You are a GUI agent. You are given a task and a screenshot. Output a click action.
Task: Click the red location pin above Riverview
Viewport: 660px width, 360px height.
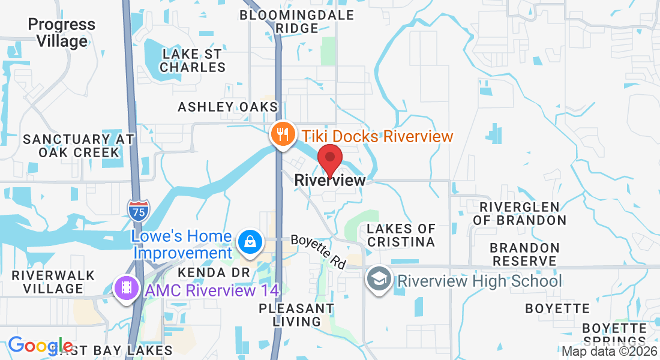coord(329,158)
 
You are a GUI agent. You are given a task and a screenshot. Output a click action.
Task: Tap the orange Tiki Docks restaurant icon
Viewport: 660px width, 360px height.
coord(281,133)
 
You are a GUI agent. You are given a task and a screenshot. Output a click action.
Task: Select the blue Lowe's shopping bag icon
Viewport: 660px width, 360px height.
coord(248,242)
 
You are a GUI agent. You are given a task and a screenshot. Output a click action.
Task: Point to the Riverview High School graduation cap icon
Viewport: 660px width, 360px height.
coord(379,280)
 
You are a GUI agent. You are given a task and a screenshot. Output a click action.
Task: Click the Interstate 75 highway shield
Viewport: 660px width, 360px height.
coord(138,209)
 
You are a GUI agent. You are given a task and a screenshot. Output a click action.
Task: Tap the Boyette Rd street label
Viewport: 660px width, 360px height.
coord(319,251)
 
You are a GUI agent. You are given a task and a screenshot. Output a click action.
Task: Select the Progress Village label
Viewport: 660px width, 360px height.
coord(61,33)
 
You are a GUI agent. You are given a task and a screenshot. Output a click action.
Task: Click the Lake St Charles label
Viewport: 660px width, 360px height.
coord(192,61)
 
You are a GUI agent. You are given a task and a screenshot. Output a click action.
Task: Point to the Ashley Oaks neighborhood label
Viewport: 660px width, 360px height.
coord(228,107)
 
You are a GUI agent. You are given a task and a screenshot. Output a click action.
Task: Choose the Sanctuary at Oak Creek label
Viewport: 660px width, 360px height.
coord(79,146)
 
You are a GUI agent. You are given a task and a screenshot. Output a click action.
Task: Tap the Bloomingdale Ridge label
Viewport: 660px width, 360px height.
coord(297,22)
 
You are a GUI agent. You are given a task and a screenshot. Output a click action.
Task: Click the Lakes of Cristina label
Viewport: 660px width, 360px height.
coord(401,235)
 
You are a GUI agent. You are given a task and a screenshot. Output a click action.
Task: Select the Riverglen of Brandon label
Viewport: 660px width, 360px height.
coord(520,213)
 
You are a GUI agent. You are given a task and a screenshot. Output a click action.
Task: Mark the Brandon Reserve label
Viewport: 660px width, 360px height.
coord(524,254)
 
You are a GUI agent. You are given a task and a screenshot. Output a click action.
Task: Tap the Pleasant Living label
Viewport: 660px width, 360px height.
coord(296,314)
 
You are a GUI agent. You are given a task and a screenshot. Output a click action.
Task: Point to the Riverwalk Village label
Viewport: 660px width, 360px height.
coord(53,282)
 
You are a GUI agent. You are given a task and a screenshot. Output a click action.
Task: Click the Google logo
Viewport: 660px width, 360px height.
coord(40,346)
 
